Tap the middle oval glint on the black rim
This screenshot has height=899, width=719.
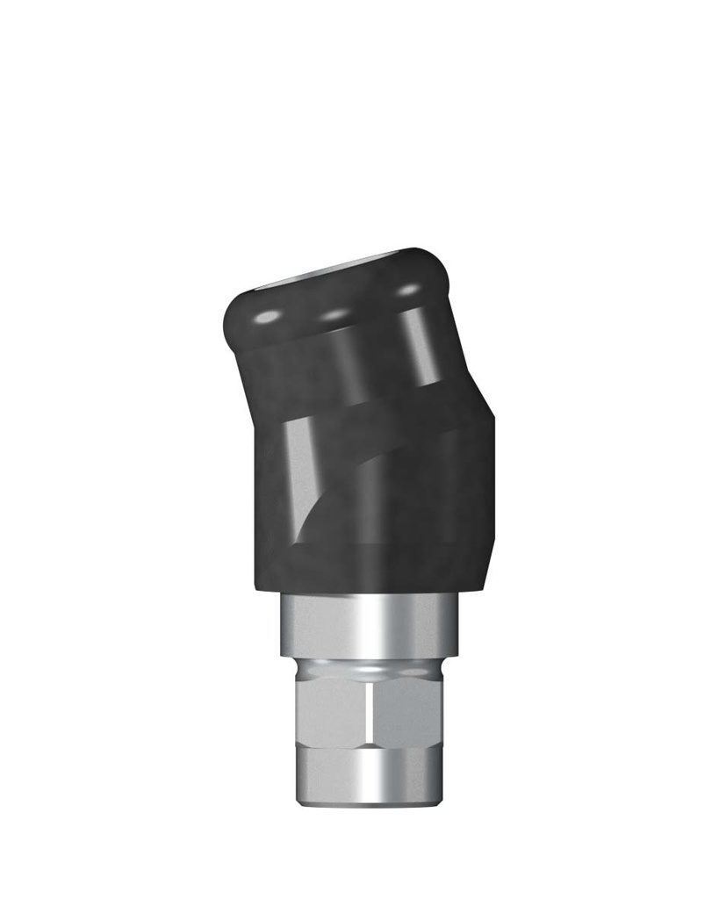pos(334,313)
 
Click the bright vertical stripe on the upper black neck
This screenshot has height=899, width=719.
pos(420,347)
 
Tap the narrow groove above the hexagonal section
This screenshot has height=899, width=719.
pos(369,669)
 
